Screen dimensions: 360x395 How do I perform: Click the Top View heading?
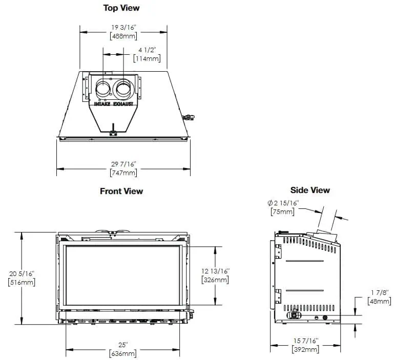tap(121, 8)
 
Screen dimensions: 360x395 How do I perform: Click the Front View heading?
tap(121, 191)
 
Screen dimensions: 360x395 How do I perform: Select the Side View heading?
tap(310, 190)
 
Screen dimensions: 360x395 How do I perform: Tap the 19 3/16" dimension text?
tap(123, 27)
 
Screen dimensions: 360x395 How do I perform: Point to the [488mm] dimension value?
tap(123, 35)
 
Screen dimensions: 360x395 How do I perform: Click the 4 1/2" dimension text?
tap(147, 50)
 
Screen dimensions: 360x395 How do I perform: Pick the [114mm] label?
tap(147, 58)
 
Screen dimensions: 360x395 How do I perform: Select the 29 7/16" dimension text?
tap(123, 164)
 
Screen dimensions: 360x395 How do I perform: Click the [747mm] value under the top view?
tap(123, 173)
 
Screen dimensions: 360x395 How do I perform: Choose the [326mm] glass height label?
tap(215, 280)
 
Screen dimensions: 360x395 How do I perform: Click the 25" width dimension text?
tap(123, 345)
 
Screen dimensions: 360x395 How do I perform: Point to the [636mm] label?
tap(123, 353)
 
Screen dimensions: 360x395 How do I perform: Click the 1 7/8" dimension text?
tap(380, 292)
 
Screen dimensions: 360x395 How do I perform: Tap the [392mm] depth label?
tap(305, 349)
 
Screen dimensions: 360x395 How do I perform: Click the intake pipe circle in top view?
tap(103, 89)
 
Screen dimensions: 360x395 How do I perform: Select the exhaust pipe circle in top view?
tap(123, 89)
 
